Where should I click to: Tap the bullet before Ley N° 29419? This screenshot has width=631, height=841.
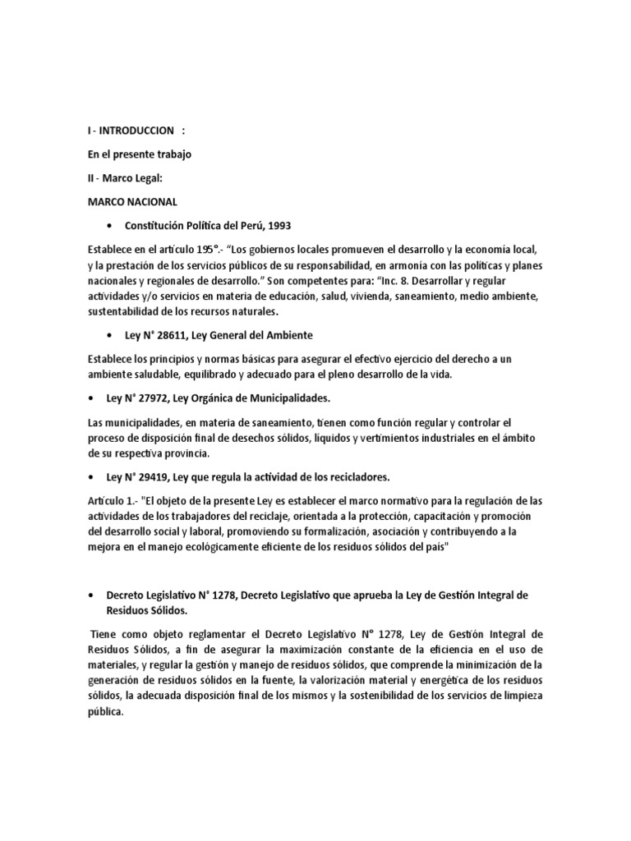coord(90,477)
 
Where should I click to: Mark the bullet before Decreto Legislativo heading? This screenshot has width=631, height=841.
coord(90,594)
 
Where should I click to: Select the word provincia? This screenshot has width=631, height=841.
coord(187,453)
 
